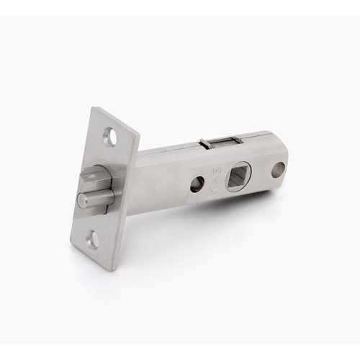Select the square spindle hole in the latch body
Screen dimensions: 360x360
tap(238, 176)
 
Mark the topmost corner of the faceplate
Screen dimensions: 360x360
tap(96, 108)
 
